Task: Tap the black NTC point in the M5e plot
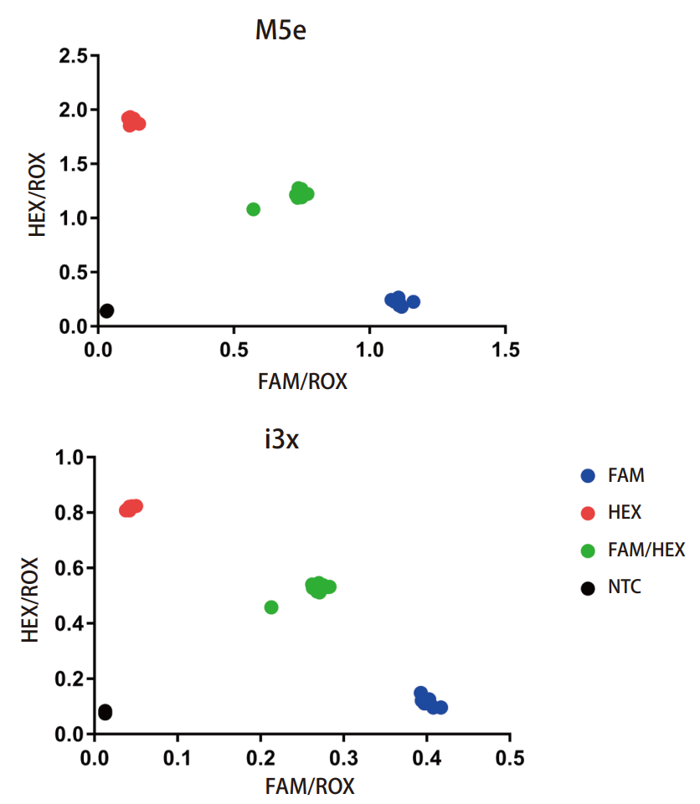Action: [x=106, y=310]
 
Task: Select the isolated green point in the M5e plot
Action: [x=254, y=209]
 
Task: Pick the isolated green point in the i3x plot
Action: [x=271, y=607]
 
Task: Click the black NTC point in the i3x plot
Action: [x=105, y=712]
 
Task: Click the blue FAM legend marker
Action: [x=588, y=476]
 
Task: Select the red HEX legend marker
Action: [x=588, y=513]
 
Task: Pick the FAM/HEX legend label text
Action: [x=646, y=550]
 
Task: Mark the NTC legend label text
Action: [x=625, y=586]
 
